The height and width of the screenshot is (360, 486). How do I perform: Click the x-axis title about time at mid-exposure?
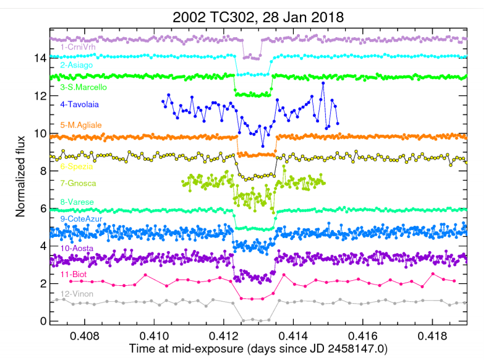click(258, 349)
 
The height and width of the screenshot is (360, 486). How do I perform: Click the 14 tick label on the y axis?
click(39, 58)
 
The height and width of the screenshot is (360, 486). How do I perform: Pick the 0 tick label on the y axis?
click(42, 321)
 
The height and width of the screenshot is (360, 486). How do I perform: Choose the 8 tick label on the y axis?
click(42, 171)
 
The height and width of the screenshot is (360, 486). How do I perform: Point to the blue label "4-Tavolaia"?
click(79, 105)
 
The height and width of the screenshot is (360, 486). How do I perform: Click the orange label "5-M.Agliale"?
click(82, 126)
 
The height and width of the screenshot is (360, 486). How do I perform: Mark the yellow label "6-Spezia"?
click(76, 167)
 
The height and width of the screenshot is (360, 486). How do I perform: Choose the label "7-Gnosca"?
click(78, 184)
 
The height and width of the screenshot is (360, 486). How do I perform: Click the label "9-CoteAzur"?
click(80, 219)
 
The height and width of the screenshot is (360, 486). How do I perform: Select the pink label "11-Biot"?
click(74, 273)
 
